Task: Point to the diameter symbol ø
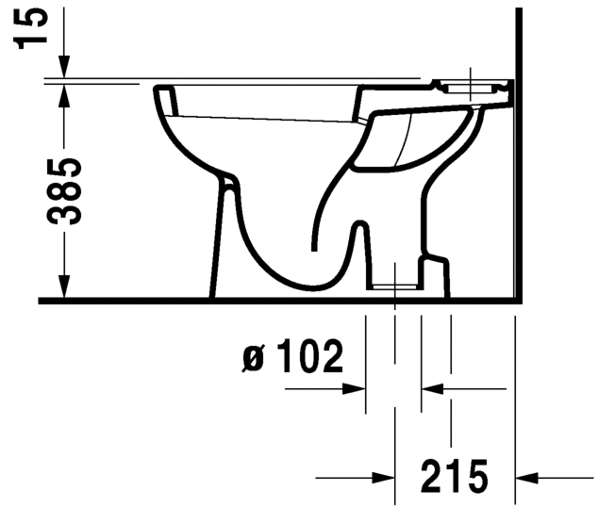pos(252,359)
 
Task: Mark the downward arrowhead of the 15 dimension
pos(63,67)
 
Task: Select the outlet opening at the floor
pos(393,285)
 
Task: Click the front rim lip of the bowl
pos(162,94)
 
